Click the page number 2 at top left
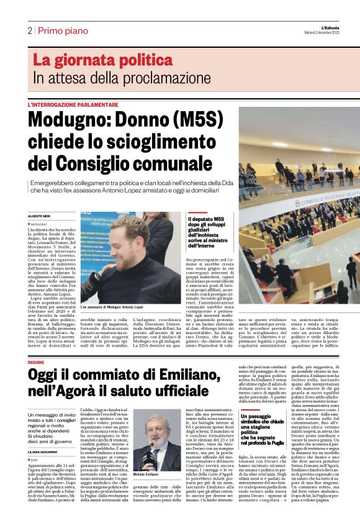(30, 30)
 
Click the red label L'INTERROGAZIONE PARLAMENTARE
(72, 104)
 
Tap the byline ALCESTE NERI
(39, 215)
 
